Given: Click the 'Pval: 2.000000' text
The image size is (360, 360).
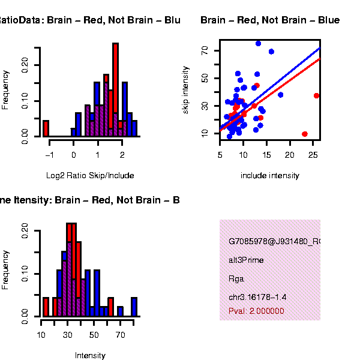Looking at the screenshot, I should [256, 311].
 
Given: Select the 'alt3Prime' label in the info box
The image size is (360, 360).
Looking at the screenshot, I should [246, 260].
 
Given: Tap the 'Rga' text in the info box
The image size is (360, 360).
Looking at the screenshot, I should [236, 278].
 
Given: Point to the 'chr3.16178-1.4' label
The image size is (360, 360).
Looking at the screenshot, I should [257, 297].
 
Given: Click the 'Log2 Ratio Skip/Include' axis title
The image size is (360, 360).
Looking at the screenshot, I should [90, 176].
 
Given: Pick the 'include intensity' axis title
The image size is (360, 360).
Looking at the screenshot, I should [269, 176].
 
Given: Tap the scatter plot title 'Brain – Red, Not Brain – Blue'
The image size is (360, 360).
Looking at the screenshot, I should [270, 20].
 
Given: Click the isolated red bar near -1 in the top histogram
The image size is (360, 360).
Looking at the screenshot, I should [46, 128].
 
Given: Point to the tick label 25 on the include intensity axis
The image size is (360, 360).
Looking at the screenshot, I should [313, 155].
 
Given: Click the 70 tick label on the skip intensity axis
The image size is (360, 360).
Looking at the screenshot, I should [205, 52].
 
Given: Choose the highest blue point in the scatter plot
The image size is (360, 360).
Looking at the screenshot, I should [258, 43].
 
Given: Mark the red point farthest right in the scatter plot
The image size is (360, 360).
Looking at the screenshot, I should [317, 95].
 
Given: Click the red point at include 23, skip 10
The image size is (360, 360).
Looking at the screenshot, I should [305, 134].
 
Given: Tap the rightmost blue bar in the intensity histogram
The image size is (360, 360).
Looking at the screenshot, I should [134, 307].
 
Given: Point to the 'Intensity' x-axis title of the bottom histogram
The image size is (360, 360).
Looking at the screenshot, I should [90, 355].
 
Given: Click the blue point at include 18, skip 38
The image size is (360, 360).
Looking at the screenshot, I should [280, 95].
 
